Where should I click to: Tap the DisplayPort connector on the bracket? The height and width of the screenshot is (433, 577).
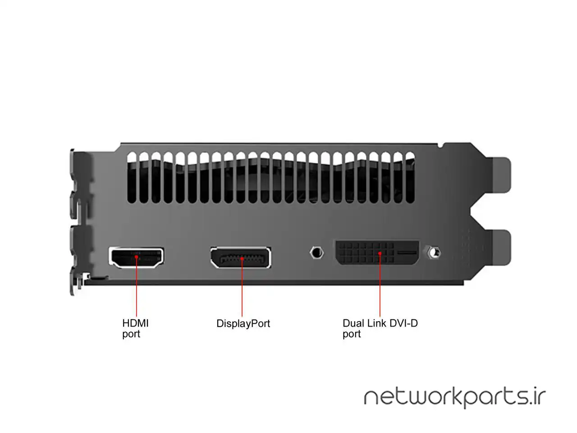pos(240,258)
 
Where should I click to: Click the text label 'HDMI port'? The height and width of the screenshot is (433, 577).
pos(135,328)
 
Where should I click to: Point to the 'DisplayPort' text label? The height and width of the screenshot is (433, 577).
pos(243,323)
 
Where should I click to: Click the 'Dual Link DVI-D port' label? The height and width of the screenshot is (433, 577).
pos(380,328)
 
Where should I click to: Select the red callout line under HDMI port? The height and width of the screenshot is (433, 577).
pos(137,289)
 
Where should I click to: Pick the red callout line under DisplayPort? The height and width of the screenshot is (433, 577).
pos(242,289)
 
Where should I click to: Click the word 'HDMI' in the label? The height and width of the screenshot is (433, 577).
pos(135,323)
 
